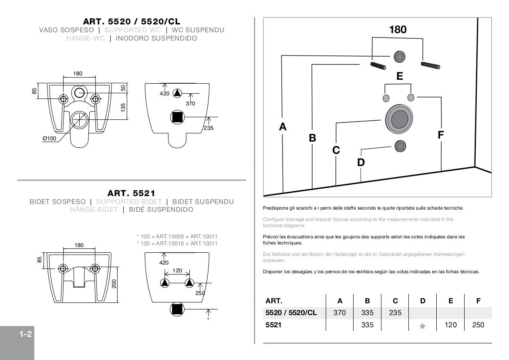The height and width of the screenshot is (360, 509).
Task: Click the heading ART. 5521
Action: click(x=131, y=193)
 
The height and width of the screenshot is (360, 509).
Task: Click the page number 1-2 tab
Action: click(x=26, y=335)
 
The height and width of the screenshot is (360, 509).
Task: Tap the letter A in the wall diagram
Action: click(x=283, y=127)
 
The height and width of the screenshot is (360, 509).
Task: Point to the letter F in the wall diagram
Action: click(x=441, y=135)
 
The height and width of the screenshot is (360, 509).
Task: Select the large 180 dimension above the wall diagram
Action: click(x=398, y=30)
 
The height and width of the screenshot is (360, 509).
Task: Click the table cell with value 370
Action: click(x=340, y=313)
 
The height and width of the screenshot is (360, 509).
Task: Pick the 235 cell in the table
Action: click(x=395, y=313)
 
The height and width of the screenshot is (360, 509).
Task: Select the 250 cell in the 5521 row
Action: click(x=478, y=325)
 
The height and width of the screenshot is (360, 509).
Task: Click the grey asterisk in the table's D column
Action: click(x=422, y=326)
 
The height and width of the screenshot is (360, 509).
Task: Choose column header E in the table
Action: click(x=451, y=301)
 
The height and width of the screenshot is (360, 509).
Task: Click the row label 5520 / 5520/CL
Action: click(x=291, y=313)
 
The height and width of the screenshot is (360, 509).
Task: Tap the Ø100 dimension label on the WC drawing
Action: click(x=50, y=139)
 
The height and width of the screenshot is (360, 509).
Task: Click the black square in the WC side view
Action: click(x=177, y=117)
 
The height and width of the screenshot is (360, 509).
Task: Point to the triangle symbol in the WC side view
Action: click(x=177, y=93)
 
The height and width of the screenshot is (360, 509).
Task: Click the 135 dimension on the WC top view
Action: click(x=123, y=107)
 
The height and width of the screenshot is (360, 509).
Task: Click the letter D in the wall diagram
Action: click(x=361, y=162)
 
